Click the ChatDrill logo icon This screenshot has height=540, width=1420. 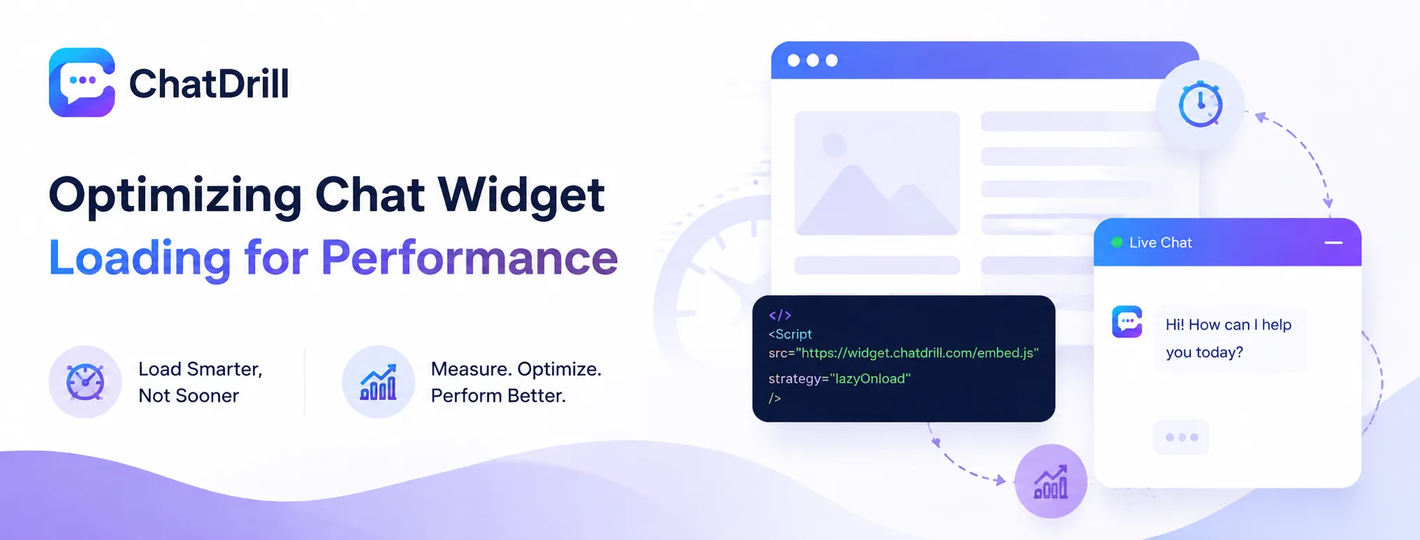(82, 82)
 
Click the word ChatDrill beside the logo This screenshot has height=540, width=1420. (209, 84)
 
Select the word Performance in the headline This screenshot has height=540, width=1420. (469, 257)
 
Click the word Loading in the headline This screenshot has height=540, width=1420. (140, 258)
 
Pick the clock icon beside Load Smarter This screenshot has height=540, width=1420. (85, 382)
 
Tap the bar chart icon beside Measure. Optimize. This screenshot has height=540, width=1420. (378, 382)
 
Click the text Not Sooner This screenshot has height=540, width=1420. (189, 395)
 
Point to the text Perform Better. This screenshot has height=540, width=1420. (498, 395)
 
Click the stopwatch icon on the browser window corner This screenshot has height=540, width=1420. (1200, 104)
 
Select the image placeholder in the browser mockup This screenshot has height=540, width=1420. (877, 173)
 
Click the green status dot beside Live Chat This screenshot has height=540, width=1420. (1117, 242)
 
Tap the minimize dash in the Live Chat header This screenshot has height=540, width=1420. (1333, 242)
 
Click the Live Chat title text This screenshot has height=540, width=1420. (1160, 242)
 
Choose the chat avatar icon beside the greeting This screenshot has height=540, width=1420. (1127, 322)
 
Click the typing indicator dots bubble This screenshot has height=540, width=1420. (1181, 437)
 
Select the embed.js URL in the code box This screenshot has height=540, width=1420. (917, 353)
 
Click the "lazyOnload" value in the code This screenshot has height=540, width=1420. (870, 379)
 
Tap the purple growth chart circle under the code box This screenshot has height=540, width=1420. (1051, 481)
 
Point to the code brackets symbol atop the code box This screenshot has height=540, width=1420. (779, 315)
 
